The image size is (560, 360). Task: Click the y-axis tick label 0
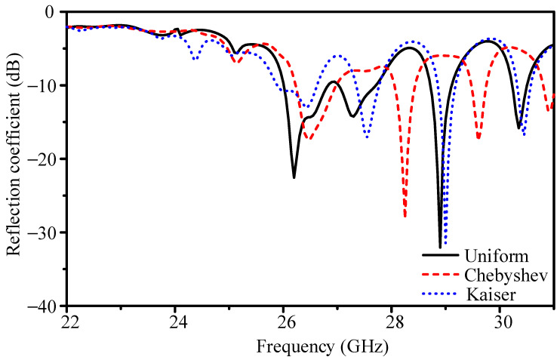click(51, 13)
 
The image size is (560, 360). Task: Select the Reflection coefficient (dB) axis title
click(14, 158)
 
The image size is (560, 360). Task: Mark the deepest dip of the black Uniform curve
click(440, 247)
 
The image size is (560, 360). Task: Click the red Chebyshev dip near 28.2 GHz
click(405, 217)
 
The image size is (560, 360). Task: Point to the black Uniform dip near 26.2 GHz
click(294, 177)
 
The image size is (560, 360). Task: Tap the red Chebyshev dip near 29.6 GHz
click(478, 138)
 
